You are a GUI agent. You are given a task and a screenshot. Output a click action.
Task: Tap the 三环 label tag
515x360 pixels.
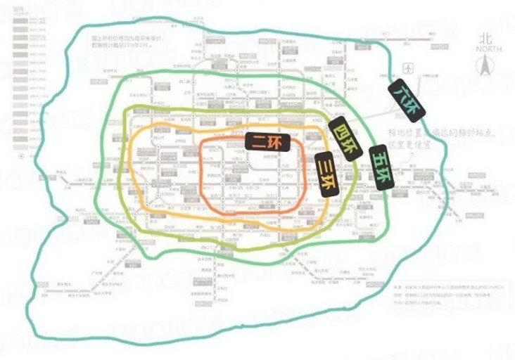click(325, 174)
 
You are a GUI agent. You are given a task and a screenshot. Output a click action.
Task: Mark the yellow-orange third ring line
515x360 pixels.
click(138, 169)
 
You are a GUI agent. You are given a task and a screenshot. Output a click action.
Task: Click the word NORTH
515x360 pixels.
click(488, 49)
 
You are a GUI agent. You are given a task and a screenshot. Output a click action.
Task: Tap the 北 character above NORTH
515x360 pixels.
click(488, 40)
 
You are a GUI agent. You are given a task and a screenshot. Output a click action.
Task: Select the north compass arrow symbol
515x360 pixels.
click(487, 67)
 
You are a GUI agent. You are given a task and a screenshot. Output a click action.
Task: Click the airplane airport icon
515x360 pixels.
click(407, 68)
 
